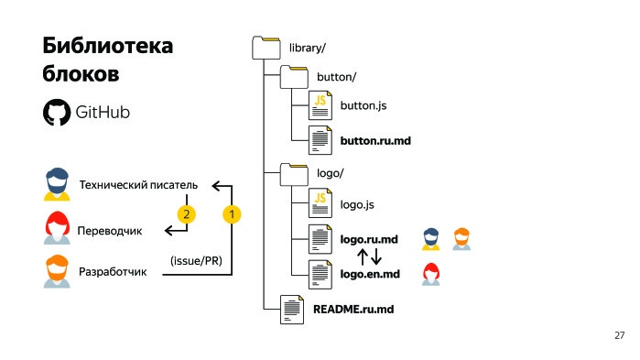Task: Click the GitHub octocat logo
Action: point(57,113)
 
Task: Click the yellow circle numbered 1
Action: point(232,214)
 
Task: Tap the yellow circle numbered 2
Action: point(186,214)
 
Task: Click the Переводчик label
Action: point(110,230)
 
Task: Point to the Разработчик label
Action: point(113,273)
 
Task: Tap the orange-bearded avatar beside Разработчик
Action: point(58,272)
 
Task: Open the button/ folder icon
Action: point(293,76)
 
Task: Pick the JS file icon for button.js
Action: point(320,106)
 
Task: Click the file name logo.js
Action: point(357,204)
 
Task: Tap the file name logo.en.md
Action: point(370,273)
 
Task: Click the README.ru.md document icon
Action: point(292,310)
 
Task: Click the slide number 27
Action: point(619,336)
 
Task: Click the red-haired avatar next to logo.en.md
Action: point(429,272)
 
